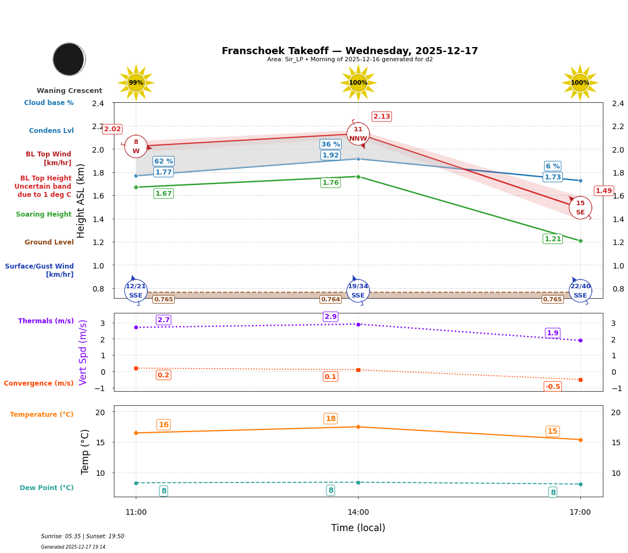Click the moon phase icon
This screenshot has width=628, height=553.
69,59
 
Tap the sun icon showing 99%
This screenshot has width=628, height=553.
136,83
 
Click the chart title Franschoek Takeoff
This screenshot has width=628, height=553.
349,51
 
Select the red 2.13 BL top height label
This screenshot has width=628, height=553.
382,117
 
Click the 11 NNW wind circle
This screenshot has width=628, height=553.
358,134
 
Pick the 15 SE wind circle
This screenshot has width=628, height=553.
580,208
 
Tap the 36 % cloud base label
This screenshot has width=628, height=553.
330,144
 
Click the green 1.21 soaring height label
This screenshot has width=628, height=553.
552,239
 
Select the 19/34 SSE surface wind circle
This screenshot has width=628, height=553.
358,291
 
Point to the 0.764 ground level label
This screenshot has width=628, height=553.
330,299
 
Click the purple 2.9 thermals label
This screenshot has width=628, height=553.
331,317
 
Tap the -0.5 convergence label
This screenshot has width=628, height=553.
552,387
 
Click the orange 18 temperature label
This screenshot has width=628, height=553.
331,419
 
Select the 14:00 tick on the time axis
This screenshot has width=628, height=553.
358,513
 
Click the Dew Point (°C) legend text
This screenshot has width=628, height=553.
47,488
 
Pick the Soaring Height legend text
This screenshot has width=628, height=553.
44,214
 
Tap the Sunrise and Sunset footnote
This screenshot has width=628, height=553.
83,537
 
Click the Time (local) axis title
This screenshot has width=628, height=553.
358,528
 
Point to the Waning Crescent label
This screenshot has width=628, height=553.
70,91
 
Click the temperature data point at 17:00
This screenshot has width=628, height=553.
580,440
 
